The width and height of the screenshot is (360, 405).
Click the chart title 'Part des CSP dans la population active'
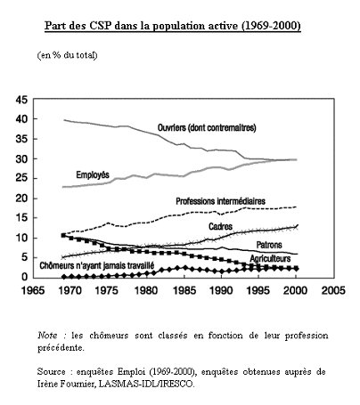(x=143, y=26)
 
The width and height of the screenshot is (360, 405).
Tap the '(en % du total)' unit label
(x=67, y=55)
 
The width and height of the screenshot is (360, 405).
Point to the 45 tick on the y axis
(x=21, y=100)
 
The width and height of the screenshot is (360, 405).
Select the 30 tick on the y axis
(x=21, y=159)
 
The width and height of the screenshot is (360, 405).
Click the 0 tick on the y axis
(x=24, y=277)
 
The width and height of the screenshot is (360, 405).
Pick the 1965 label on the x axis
(x=33, y=290)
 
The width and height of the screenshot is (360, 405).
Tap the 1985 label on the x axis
(x=184, y=290)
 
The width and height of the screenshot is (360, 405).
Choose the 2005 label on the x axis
(x=333, y=290)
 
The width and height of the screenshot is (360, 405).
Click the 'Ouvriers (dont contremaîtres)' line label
(x=207, y=127)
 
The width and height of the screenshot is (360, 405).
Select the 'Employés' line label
(x=93, y=174)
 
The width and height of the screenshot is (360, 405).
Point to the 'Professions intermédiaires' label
(x=220, y=201)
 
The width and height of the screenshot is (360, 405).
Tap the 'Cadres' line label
(x=220, y=226)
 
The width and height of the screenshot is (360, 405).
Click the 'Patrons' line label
(x=269, y=245)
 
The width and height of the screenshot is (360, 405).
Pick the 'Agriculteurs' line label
(x=270, y=258)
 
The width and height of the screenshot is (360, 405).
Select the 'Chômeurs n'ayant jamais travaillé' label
(x=97, y=265)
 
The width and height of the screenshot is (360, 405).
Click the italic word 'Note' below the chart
(x=47, y=336)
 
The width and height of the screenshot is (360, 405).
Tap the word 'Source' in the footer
(x=52, y=372)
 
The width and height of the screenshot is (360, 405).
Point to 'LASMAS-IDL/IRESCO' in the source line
(x=146, y=384)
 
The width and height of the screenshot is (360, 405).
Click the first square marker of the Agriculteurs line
(x=63, y=235)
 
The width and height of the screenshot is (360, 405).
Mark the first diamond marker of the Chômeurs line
(x=64, y=277)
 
